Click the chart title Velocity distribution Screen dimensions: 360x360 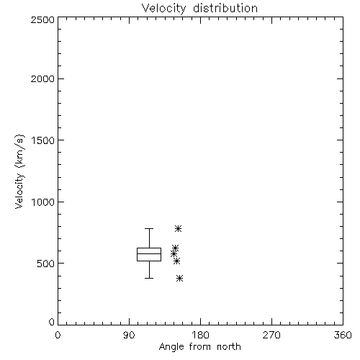[199, 9]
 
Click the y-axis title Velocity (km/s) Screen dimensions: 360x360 [19, 171]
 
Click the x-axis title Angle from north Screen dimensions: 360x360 [199, 347]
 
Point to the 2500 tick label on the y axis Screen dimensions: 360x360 [42, 19]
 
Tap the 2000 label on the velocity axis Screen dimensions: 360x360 [42, 78]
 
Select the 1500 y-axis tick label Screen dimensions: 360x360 [43, 140]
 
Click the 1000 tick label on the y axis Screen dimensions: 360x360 [43, 202]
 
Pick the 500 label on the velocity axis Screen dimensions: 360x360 [46, 264]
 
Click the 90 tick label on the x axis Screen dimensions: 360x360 [129, 335]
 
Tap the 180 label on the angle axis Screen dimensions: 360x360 [200, 335]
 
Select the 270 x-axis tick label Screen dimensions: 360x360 [271, 335]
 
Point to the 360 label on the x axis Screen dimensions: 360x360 [343, 335]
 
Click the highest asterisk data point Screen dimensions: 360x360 [178, 228]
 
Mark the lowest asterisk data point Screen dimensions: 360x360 [179, 279]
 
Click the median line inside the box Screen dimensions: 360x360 [149, 253]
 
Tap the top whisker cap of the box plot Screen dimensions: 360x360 [149, 229]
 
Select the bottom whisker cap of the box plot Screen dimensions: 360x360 [149, 278]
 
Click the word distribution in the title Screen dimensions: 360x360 [225, 9]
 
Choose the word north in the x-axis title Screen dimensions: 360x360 [229, 347]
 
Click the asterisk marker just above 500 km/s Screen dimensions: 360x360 [176, 261]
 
